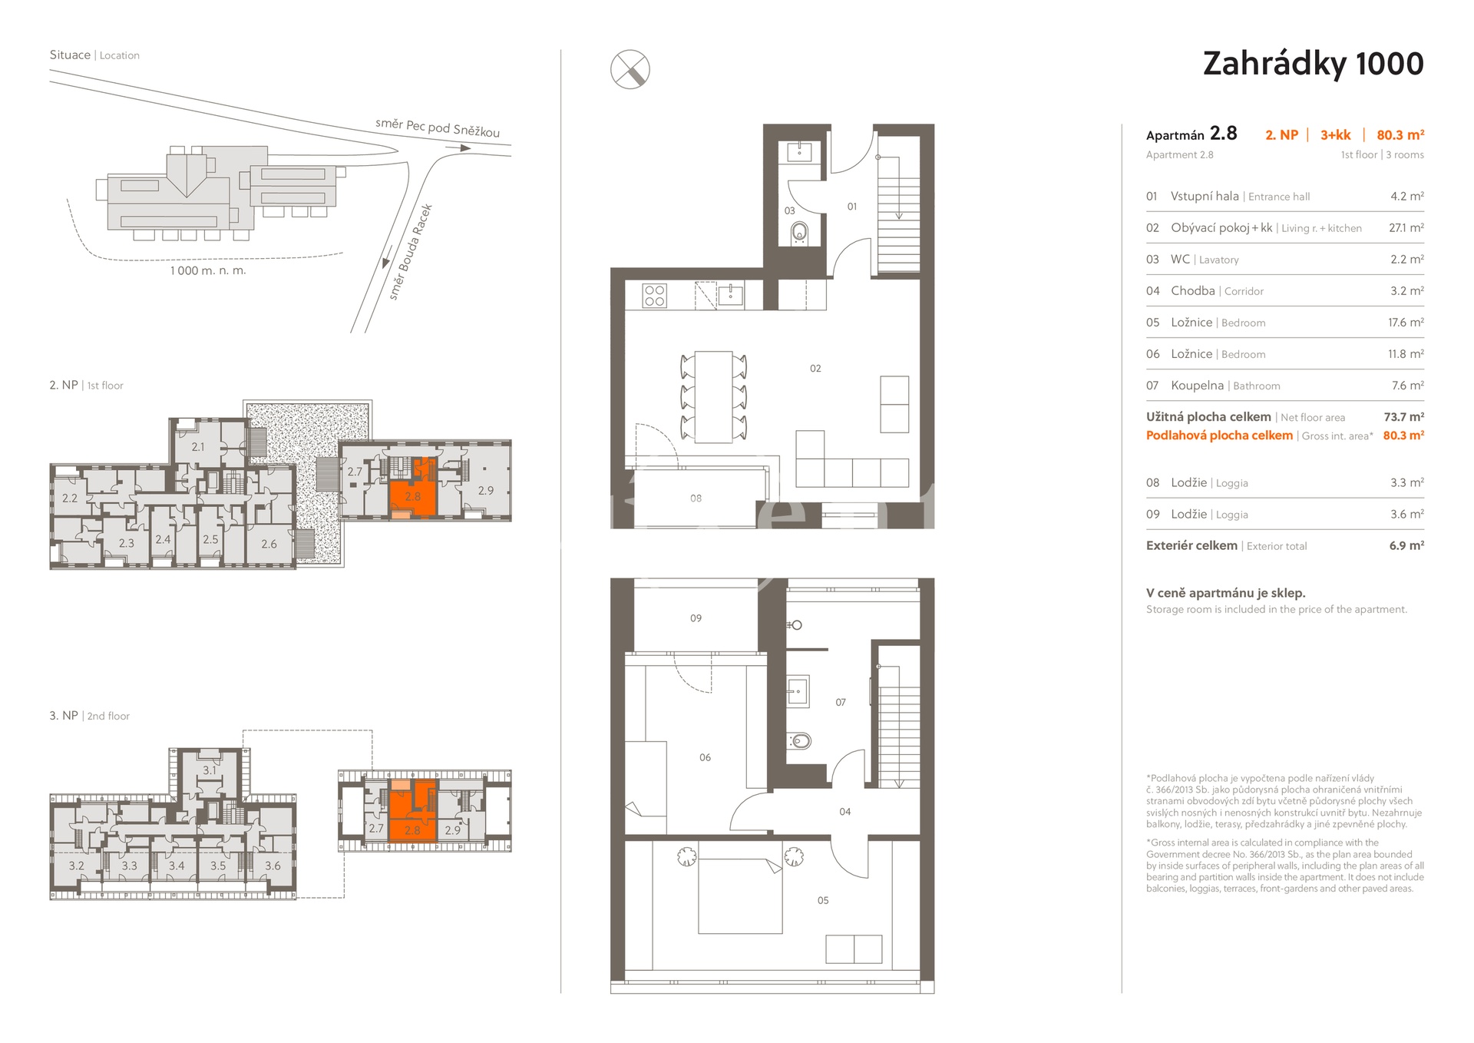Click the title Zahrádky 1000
(1313, 65)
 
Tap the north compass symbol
(630, 69)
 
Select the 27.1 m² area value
(1406, 228)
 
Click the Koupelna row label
(1197, 386)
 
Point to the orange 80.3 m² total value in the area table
(1403, 435)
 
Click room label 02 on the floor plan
(815, 369)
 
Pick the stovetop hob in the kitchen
(655, 296)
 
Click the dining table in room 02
(713, 397)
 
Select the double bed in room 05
(740, 896)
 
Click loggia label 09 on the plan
(696, 618)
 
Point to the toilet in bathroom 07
(799, 741)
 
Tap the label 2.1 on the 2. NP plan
(198, 447)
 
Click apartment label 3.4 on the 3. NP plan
(177, 866)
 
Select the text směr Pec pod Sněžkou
(438, 127)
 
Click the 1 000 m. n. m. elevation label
(208, 270)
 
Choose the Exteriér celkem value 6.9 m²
(1406, 545)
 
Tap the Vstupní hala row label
(1205, 197)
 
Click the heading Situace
(70, 55)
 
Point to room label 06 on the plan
(705, 758)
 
